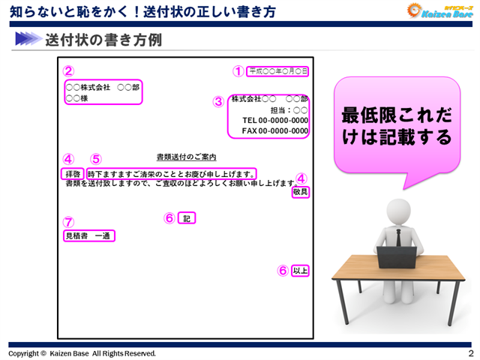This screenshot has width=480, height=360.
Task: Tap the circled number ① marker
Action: coord(238,71)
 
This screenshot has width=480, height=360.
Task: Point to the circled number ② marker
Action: coord(68,71)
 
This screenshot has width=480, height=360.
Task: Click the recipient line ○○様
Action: coord(77,98)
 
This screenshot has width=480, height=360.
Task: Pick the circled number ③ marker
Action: coord(218,101)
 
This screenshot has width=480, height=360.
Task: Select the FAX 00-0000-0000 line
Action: coord(274,130)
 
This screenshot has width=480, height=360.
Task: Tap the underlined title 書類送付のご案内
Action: coord(186,157)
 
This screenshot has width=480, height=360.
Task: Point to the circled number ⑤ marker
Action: coord(95,159)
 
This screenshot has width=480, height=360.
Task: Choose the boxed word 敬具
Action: coord(300,193)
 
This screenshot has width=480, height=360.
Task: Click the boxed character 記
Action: coord(187,218)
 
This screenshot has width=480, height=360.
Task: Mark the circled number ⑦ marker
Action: coord(68,222)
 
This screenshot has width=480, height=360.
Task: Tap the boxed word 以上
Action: coord(300,271)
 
